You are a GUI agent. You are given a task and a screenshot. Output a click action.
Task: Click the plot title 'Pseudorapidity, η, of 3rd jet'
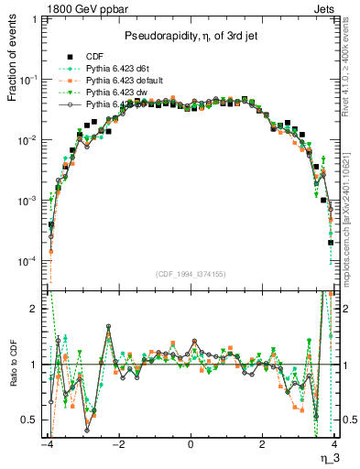tap(191, 35)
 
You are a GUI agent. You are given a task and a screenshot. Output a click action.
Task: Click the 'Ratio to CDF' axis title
tap(13, 365)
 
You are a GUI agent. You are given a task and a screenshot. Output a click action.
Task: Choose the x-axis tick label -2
tap(118, 445)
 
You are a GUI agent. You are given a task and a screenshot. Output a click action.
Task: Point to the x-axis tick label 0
tap(191, 445)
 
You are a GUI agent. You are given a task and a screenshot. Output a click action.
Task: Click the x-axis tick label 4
tap(335, 445)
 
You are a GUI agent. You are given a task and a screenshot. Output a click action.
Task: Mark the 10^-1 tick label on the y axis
tap(31, 80)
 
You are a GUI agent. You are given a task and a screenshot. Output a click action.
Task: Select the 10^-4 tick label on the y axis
tap(31, 262)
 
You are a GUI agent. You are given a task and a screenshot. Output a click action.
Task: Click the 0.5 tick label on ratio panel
tap(30, 420)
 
